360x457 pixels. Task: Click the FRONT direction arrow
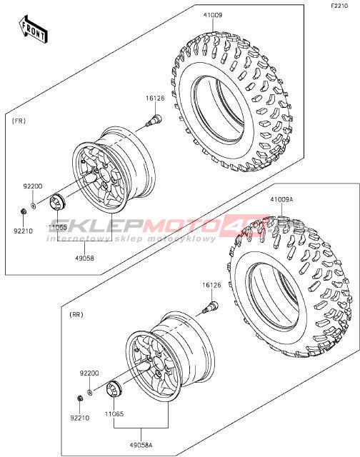32,29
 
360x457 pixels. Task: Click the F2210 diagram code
339,6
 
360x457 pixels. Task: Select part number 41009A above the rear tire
281,200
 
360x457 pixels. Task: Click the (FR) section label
19,121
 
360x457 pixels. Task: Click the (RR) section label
76,315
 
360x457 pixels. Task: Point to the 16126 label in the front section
155,99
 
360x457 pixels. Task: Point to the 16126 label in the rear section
211,286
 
